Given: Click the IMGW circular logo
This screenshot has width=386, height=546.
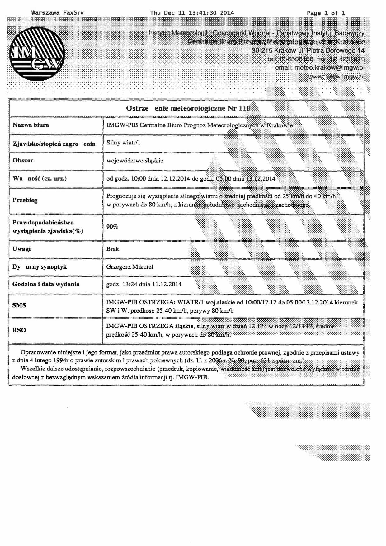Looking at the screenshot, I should (37, 54).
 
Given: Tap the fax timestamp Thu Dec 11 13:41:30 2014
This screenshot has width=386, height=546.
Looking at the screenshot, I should (192, 13).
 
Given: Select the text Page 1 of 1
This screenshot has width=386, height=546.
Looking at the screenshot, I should (326, 13).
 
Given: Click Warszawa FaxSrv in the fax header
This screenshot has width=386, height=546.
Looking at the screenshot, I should (58, 13).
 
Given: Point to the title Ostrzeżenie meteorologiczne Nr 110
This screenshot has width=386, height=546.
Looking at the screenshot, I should (188, 108).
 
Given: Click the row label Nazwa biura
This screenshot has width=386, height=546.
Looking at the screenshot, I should (31, 125).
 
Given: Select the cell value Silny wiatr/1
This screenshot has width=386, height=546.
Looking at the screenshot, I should (123, 143).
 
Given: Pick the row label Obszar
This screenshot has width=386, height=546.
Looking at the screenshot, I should (23, 160).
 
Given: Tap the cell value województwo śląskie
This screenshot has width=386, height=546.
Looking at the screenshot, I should (135, 161).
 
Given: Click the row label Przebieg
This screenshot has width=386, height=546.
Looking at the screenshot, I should (25, 200).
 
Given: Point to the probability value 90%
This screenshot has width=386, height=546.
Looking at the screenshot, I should (112, 227).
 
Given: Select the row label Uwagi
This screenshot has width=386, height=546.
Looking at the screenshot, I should (21, 249).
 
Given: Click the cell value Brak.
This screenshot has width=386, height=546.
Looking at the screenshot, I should (113, 249).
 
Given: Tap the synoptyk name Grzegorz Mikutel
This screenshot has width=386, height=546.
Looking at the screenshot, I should (129, 267).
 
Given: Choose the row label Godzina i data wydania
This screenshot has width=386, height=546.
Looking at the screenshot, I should (46, 284).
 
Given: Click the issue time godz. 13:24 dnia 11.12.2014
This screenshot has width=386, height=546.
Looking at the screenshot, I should (144, 284).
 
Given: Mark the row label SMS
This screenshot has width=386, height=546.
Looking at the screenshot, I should (19, 305).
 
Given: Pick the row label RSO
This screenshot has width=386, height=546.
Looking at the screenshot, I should (19, 330).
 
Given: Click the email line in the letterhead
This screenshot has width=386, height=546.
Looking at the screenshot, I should (319, 68).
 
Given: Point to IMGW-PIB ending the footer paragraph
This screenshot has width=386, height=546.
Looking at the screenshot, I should (192, 377).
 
